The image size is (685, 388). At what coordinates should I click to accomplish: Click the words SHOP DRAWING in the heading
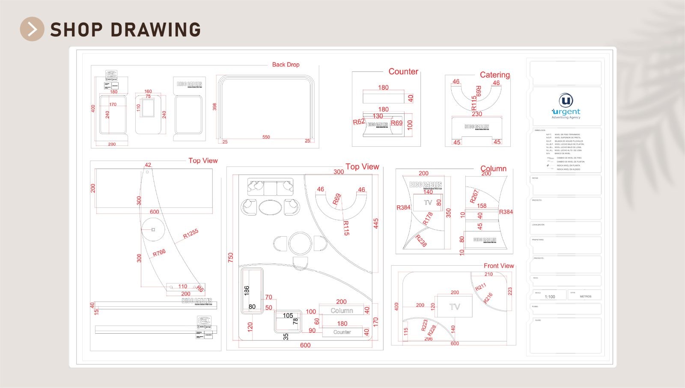[x=125, y=30]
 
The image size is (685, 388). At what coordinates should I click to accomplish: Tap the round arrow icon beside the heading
[x=32, y=29]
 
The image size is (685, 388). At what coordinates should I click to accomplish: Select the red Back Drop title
[x=286, y=65]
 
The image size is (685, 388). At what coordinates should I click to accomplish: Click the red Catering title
[x=494, y=75]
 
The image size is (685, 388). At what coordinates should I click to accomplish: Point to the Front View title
[x=499, y=266]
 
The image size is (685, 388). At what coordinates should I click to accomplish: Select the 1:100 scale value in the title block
[x=550, y=296]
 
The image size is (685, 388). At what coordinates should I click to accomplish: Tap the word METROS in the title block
[x=585, y=296]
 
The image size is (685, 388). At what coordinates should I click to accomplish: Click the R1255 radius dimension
[x=191, y=234]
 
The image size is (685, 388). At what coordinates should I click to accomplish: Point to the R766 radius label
[x=159, y=253]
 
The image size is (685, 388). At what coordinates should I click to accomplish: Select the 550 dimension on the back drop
[x=266, y=137]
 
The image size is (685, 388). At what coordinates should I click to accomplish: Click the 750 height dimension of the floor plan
[x=231, y=258]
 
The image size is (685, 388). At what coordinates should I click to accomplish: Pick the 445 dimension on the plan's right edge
[x=376, y=224]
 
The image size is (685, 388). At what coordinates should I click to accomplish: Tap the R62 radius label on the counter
[x=359, y=122]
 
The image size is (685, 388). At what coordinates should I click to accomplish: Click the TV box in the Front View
[x=454, y=306]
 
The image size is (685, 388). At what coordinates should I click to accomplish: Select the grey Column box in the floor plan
[x=342, y=311]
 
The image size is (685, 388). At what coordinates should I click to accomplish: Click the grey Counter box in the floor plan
[x=342, y=332]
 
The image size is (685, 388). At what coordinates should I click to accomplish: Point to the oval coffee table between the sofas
[x=270, y=207]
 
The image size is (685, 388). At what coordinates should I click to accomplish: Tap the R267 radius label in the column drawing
[x=474, y=196]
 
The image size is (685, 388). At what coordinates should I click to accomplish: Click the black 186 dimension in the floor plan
[x=247, y=290]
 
